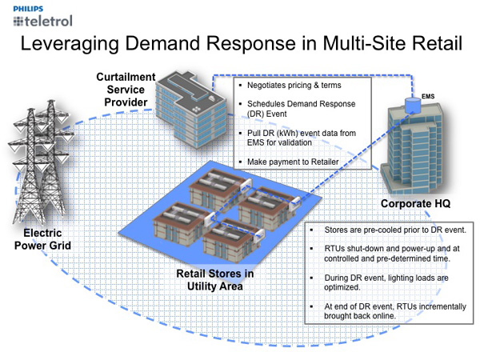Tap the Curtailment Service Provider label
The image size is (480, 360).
(x=122, y=89)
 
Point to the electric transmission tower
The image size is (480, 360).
(x=41, y=169)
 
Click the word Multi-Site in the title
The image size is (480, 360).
(x=350, y=44)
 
